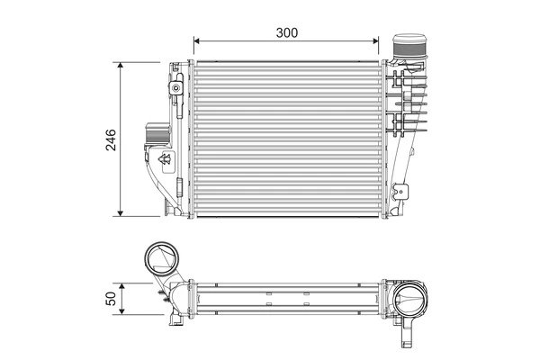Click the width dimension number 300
point(286,31)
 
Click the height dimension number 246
point(111,139)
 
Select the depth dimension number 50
point(111,301)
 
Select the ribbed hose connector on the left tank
point(153,135)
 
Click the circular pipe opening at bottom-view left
point(163,261)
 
